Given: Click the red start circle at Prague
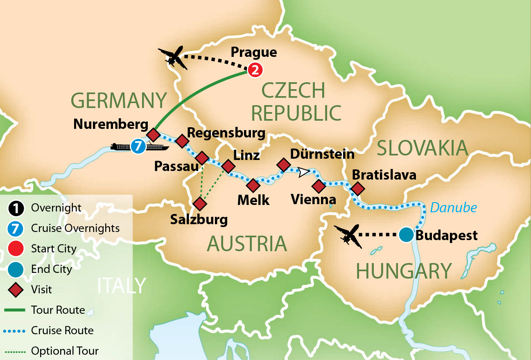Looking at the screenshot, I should pos(255,70).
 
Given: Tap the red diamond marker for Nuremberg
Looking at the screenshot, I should pos(153,134).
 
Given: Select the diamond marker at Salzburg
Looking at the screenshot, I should pos(199,203).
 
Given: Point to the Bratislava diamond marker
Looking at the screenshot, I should pos(357,189).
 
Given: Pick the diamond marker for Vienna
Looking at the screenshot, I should pos(319,186).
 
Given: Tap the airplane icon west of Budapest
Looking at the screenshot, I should pos(348,236).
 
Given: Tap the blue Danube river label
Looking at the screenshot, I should pos(453,208).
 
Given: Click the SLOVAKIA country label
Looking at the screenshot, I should pos(422,148).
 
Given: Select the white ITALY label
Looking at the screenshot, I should pos(122,286).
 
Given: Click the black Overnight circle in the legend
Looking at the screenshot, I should pos(16,208).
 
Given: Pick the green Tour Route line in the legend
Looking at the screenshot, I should pos(16,310).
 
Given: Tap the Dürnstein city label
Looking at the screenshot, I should pos(322,154).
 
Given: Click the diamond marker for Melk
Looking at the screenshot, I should pos(253,185).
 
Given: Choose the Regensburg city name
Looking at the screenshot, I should pos(226,133).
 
